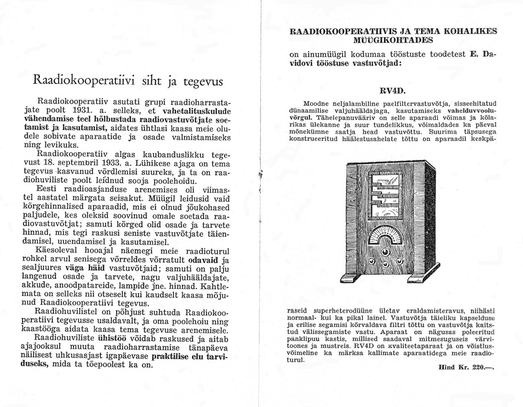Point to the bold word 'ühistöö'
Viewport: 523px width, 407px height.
[112, 338]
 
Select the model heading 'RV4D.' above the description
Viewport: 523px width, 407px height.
[393, 90]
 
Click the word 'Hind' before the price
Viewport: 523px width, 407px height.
[447, 367]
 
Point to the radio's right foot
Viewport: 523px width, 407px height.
[422, 278]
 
